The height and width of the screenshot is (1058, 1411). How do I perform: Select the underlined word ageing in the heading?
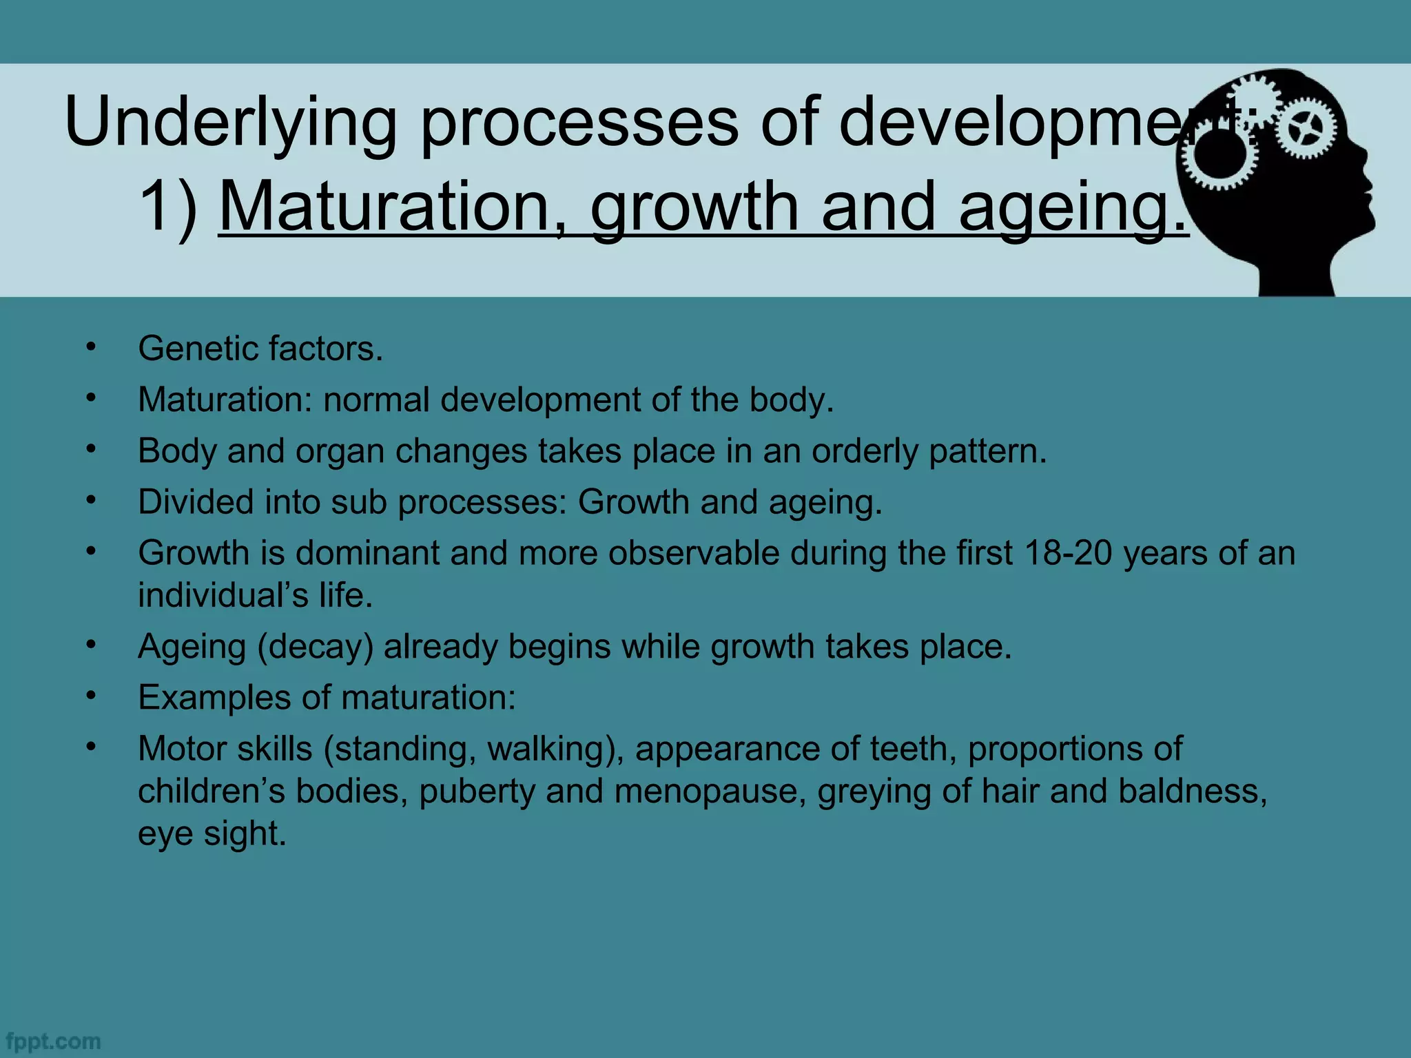pos(1071,207)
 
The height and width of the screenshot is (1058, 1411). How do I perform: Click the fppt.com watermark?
pos(52,1041)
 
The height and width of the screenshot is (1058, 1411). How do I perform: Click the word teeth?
pos(913,749)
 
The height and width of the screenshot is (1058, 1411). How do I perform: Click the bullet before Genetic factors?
pos(90,347)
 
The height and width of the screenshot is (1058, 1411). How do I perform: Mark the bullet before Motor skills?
pos(90,747)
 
